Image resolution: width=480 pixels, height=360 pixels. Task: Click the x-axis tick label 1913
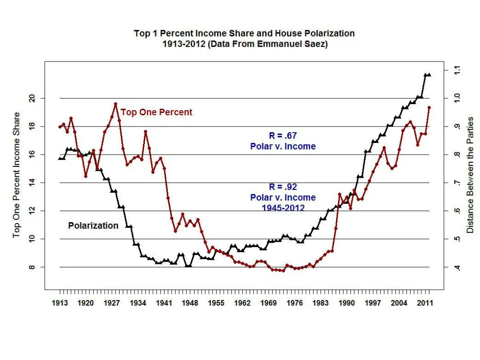60,303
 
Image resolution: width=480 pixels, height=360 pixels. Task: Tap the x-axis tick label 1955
216,303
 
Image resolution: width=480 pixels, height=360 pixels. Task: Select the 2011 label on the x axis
425,303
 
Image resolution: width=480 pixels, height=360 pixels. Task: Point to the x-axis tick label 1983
321,303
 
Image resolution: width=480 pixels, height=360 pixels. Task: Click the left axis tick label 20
32,98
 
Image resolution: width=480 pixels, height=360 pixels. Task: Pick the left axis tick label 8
32,267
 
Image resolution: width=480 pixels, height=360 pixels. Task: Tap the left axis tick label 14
32,183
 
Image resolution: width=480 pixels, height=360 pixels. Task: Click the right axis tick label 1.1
457,70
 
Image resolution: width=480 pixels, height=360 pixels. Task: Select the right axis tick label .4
457,267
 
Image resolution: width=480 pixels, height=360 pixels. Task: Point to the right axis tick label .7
457,183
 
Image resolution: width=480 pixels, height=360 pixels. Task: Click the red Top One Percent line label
157,112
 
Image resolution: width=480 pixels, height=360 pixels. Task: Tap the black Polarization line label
93,225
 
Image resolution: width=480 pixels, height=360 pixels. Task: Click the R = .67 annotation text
283,136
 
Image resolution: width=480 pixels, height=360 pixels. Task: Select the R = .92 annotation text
283,187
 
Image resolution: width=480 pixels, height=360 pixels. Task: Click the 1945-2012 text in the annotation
283,208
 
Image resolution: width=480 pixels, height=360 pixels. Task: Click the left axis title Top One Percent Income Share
17,175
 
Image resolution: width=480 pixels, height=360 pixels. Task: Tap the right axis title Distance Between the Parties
470,175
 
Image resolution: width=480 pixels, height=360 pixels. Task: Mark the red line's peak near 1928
115,104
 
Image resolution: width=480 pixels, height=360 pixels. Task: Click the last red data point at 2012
429,107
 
